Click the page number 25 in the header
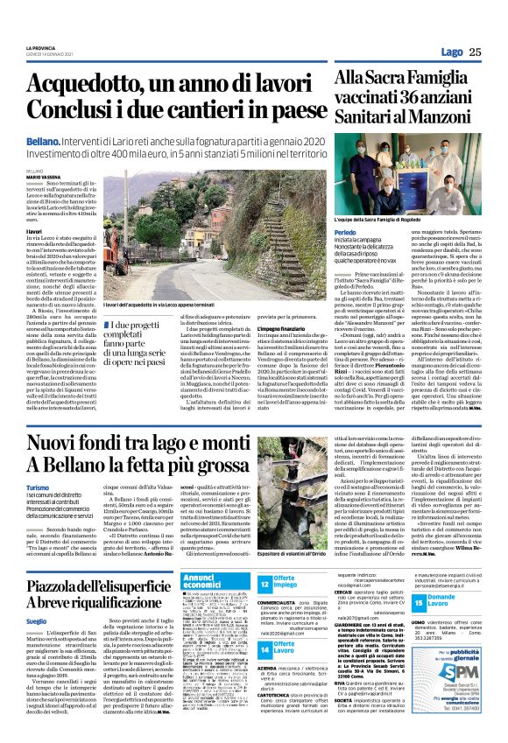click(x=474, y=52)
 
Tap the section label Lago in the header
click(x=451, y=52)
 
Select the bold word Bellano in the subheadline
click(x=42, y=140)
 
